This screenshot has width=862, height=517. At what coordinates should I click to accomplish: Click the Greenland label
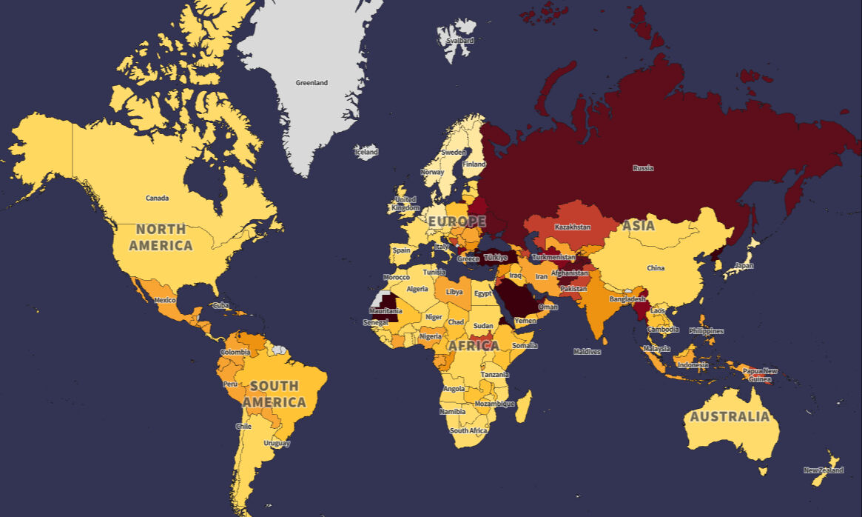tap(312, 83)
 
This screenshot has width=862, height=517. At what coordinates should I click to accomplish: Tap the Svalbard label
tap(459, 41)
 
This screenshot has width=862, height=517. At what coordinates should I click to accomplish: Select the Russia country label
tap(643, 168)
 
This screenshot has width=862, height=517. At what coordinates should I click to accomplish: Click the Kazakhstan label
tap(572, 227)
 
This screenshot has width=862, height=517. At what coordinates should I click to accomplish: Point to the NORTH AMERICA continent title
tap(161, 237)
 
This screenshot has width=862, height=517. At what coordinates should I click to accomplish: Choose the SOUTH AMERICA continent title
tap(274, 394)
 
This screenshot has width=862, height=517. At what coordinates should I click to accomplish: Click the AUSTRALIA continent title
tap(729, 416)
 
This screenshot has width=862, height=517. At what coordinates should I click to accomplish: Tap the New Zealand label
tap(824, 470)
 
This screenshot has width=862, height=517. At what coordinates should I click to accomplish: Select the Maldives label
tap(587, 352)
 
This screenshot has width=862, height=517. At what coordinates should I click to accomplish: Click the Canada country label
tap(157, 198)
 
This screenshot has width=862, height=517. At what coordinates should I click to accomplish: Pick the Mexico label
tap(164, 300)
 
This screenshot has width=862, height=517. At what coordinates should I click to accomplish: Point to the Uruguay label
tap(277, 443)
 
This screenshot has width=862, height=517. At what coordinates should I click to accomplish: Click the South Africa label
tap(468, 430)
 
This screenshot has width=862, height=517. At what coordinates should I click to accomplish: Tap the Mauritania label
tap(385, 311)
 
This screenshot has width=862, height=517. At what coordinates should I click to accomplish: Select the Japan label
tap(744, 265)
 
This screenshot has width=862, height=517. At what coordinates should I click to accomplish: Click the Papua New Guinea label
tap(760, 375)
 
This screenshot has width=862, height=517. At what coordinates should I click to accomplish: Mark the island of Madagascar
tap(522, 407)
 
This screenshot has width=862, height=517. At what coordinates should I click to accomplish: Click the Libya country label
tap(454, 292)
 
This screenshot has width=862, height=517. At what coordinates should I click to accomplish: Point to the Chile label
tap(244, 427)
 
